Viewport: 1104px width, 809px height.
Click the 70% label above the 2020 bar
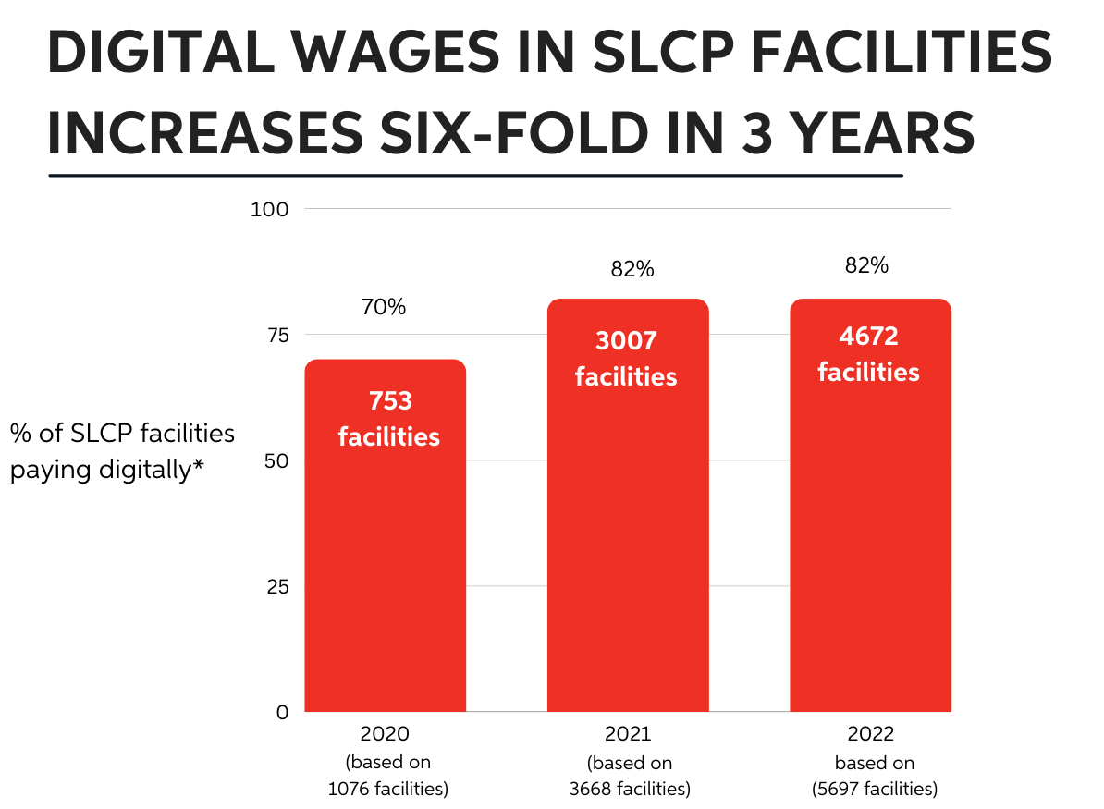click(x=384, y=307)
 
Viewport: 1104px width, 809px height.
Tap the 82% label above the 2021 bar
click(x=632, y=269)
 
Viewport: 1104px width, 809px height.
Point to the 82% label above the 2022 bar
click(x=866, y=265)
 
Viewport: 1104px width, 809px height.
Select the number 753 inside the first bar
click(x=389, y=401)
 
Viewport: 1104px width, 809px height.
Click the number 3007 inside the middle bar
click(x=626, y=340)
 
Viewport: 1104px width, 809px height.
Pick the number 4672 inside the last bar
click(x=868, y=336)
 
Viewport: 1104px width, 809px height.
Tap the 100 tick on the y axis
click(x=270, y=209)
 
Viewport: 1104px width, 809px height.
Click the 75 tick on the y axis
click(x=276, y=335)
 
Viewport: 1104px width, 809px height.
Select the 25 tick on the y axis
click(x=276, y=586)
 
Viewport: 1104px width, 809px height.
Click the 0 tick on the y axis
click(x=283, y=712)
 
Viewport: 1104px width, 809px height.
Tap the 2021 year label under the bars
click(x=628, y=735)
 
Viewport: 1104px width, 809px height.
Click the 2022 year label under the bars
click(x=870, y=735)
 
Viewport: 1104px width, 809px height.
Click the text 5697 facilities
click(x=874, y=789)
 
